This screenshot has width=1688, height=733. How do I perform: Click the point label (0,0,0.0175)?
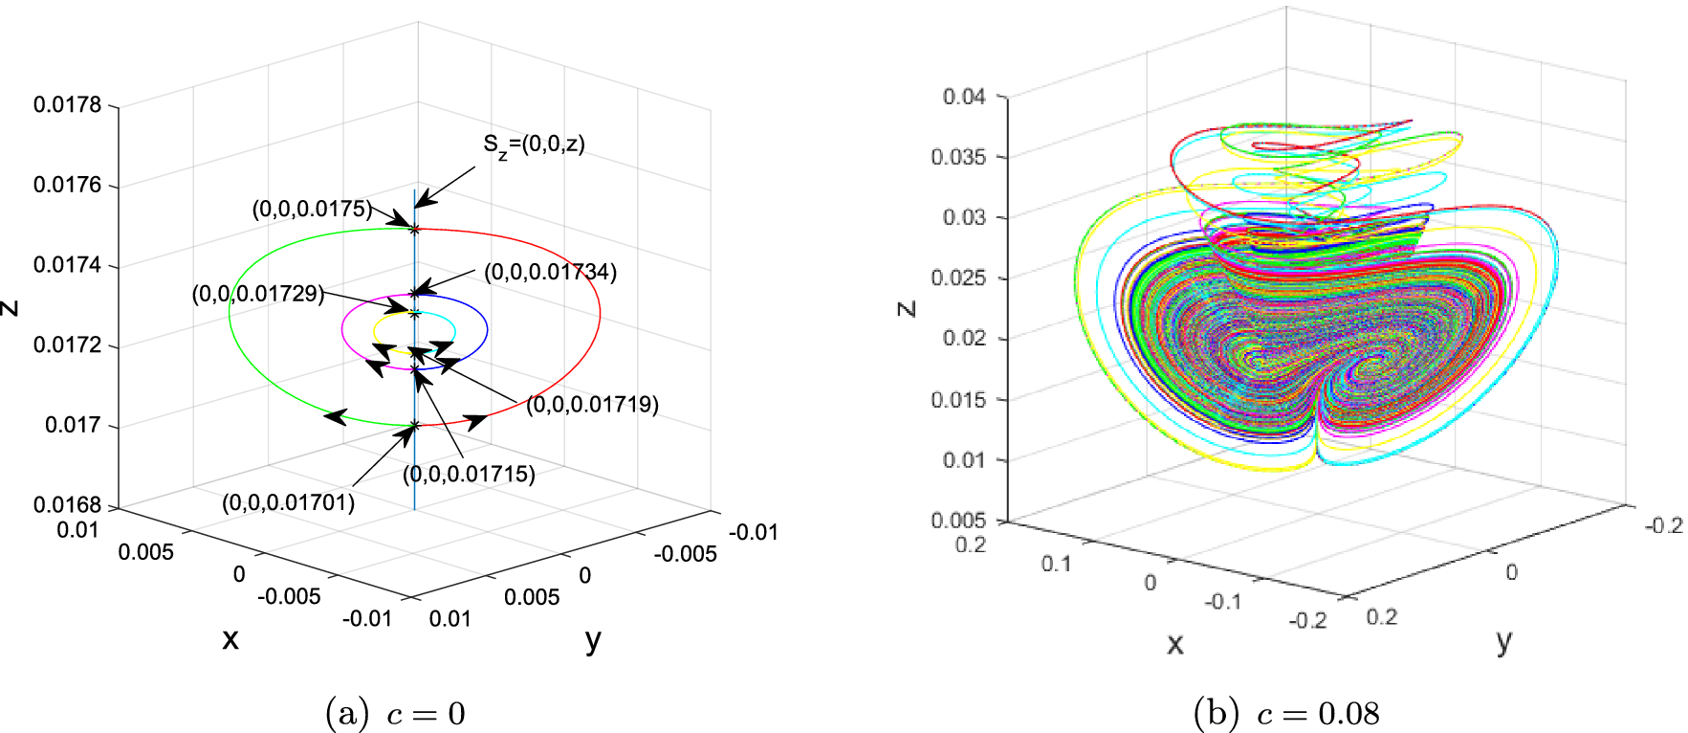click(x=312, y=209)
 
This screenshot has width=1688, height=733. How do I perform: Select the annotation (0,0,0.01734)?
click(x=550, y=272)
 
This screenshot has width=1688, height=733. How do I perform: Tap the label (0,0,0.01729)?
click(x=258, y=294)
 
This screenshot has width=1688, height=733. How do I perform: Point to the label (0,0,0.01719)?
click(x=592, y=405)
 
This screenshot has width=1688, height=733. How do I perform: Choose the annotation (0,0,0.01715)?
click(x=469, y=474)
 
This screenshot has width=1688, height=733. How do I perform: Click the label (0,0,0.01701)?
click(x=288, y=502)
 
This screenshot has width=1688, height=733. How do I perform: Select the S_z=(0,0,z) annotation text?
click(x=534, y=144)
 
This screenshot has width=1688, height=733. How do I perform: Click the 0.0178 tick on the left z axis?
click(x=67, y=104)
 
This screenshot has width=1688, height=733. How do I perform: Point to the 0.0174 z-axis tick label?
click(x=67, y=265)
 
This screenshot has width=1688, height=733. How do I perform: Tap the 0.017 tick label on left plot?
click(x=73, y=425)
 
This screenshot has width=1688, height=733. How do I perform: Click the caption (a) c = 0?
click(x=395, y=714)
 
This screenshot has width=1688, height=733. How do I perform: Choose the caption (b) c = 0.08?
click(x=1286, y=714)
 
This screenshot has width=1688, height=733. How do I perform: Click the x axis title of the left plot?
click(x=230, y=639)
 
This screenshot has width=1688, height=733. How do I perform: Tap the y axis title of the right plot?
click(x=1503, y=641)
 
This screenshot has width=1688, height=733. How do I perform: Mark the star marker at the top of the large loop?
click(x=414, y=229)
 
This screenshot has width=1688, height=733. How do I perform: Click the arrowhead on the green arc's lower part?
click(x=335, y=416)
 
